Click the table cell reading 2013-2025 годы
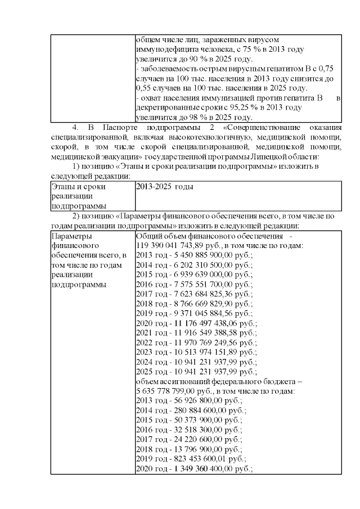[x=165, y=186]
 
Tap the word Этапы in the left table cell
[x=62, y=186]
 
